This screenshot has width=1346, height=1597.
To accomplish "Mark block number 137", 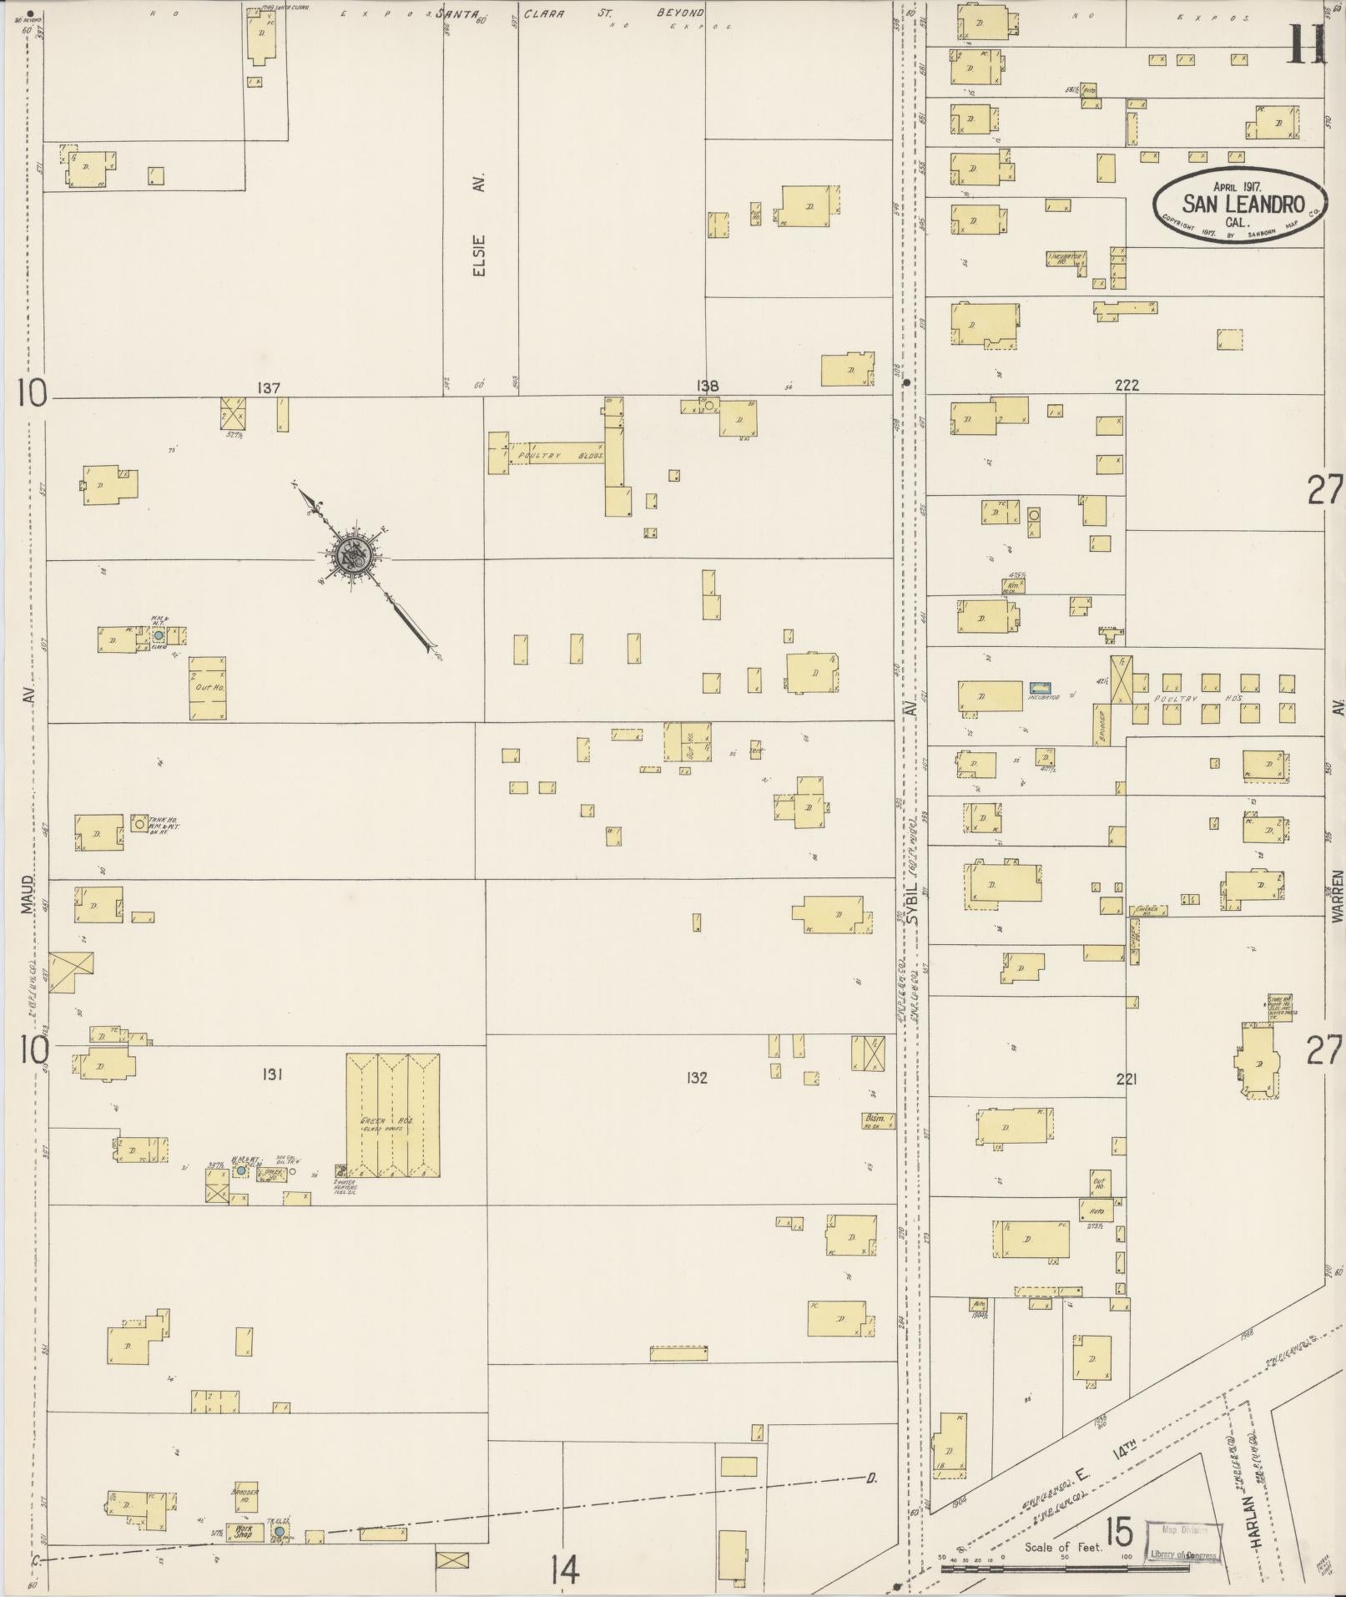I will coord(269,388).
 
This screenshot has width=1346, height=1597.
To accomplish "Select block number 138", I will coord(708,386).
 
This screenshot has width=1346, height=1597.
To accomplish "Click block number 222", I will coord(1127,386).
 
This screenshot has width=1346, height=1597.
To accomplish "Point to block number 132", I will coord(697,1078).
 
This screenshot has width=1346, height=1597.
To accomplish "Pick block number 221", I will coord(1127,1079).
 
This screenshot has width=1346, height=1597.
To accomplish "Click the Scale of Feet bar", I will coord(1064,1569).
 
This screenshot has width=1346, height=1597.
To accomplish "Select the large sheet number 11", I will coord(1306,43).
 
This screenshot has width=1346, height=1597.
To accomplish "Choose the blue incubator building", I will coord(1039,685).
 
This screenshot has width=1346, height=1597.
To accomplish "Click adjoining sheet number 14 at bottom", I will coord(564,1571).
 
